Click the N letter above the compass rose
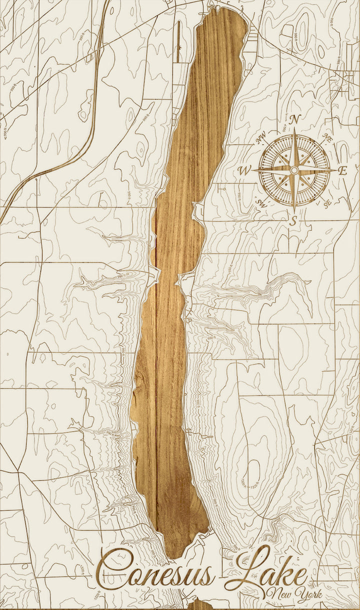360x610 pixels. (x=295, y=119)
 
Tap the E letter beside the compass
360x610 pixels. (x=342, y=170)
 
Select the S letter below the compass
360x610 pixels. (x=294, y=219)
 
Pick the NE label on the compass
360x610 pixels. (x=327, y=138)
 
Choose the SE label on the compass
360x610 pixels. (x=327, y=202)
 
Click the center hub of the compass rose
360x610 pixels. (x=294, y=170)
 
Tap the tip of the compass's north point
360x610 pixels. (x=294, y=128)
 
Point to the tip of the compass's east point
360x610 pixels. (x=336, y=170)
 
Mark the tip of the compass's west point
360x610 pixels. (x=252, y=171)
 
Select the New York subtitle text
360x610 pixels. (x=295, y=594)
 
